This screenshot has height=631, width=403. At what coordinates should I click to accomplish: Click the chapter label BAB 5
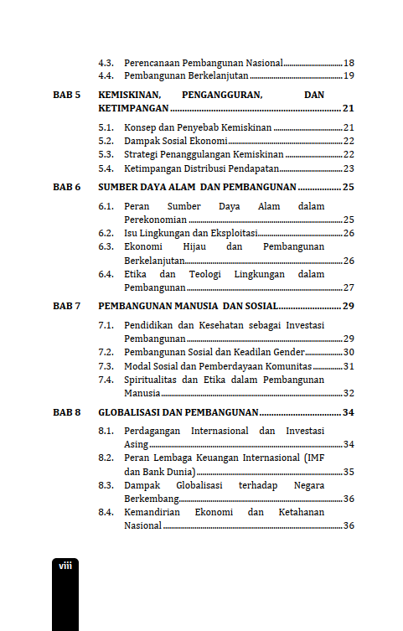[x=66, y=96]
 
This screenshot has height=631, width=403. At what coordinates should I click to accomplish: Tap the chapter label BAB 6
[x=66, y=187]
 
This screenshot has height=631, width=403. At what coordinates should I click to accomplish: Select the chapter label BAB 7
[x=66, y=306]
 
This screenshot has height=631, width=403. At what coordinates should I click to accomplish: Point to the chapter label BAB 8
[x=66, y=412]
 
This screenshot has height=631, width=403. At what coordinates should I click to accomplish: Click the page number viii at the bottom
[x=65, y=566]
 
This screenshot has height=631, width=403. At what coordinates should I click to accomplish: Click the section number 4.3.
[x=106, y=63]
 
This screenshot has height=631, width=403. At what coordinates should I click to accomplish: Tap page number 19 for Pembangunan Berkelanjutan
[x=349, y=76]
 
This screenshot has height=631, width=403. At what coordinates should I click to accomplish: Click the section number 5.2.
[x=106, y=141]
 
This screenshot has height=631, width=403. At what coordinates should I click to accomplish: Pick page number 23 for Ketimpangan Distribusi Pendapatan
[x=349, y=168]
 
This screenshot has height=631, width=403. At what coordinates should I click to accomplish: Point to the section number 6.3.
[x=106, y=247]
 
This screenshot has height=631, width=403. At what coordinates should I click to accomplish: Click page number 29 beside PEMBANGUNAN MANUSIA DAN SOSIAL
[x=349, y=306]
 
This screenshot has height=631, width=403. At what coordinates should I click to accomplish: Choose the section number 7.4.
[x=106, y=380]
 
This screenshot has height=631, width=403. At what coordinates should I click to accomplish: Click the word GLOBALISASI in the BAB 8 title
[x=129, y=412]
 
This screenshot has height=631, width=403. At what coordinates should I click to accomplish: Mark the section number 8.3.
[x=106, y=485]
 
